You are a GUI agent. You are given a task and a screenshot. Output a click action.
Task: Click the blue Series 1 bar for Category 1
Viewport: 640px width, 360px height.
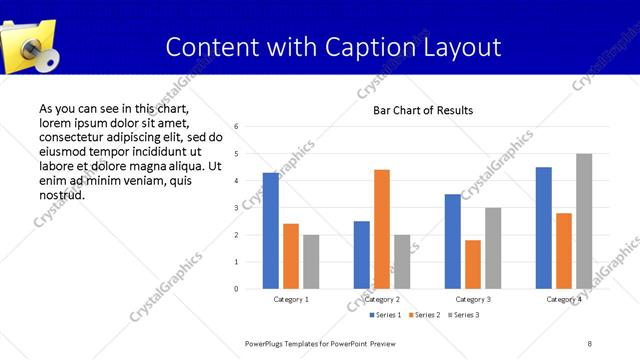[x=271, y=231]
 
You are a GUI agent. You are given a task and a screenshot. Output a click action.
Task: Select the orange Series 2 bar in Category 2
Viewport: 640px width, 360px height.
[x=382, y=229]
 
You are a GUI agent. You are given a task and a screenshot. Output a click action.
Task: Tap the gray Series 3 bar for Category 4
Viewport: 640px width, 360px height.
[x=583, y=221]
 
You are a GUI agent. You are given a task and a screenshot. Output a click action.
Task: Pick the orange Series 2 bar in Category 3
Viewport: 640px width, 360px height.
[x=473, y=264]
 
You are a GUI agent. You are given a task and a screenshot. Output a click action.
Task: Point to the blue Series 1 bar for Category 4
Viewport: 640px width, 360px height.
[x=543, y=228]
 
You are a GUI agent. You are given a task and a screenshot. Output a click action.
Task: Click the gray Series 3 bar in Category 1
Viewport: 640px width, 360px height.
[x=311, y=262]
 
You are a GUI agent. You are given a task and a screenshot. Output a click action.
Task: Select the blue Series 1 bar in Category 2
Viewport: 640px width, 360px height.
[x=362, y=255]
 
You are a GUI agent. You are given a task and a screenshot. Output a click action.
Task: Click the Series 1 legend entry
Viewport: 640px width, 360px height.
[x=386, y=315]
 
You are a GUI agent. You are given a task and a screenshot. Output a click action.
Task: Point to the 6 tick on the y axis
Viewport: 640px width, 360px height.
[x=236, y=127]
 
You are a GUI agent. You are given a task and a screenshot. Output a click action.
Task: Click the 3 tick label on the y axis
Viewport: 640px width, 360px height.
[x=236, y=208]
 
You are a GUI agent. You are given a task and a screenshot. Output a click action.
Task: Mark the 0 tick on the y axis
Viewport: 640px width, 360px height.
[x=236, y=289]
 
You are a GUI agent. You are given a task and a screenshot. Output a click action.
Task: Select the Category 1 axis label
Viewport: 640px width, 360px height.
[x=291, y=299]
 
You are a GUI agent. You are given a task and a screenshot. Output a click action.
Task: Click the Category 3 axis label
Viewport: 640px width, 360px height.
[x=473, y=299]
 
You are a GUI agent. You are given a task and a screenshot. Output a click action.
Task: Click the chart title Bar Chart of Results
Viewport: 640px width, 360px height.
[x=423, y=110]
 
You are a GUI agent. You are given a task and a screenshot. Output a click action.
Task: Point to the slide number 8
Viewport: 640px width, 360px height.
[x=590, y=343]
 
